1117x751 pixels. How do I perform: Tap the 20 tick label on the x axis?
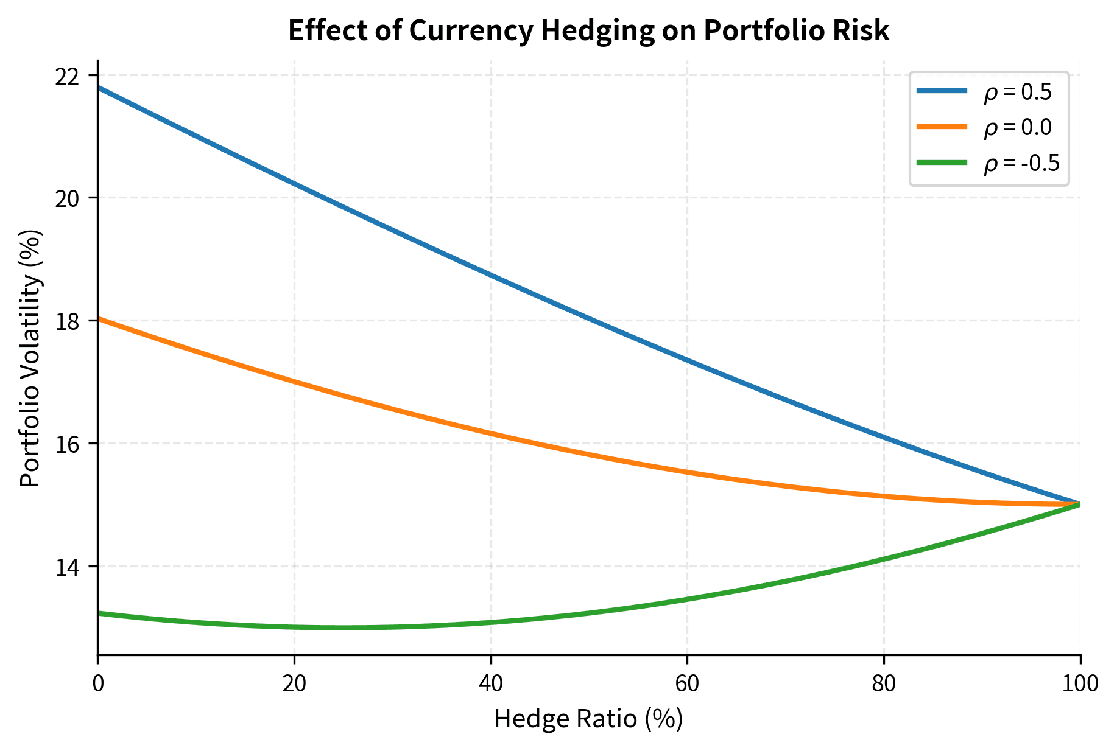(x=294, y=684)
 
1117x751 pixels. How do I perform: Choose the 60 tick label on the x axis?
(x=687, y=684)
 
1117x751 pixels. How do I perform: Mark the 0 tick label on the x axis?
(x=98, y=684)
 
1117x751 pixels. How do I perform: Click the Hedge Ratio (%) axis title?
(x=588, y=719)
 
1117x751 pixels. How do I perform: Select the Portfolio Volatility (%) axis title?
(x=30, y=358)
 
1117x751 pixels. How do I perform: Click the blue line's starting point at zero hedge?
(x=99, y=88)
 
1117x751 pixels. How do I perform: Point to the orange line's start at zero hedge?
(x=99, y=318)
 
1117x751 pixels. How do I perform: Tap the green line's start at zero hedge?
(x=99, y=613)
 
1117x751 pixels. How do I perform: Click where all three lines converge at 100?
(x=1079, y=504)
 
